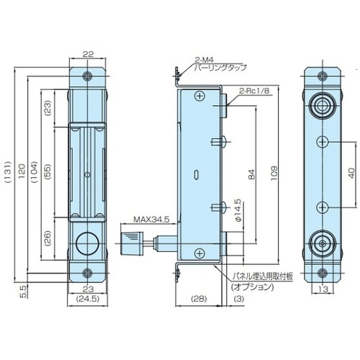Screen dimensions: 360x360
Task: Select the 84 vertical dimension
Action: [x=250, y=173]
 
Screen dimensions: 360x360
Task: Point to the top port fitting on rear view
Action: [x=320, y=107]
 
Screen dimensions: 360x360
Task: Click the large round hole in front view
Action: [x=86, y=244]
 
